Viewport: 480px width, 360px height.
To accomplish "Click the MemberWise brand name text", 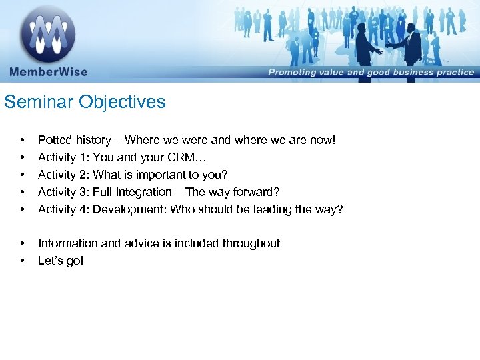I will coord(48,72).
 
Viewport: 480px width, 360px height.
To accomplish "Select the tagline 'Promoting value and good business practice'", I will coord(371,73).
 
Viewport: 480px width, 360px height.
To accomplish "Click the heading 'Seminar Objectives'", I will coord(85,102).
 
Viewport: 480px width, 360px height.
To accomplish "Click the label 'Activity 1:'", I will coord(64,157).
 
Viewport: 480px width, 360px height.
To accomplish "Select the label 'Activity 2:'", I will coord(64,175).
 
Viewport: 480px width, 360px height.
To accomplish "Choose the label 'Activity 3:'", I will coord(64,192).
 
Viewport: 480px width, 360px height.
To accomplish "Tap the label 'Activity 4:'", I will coord(64,209).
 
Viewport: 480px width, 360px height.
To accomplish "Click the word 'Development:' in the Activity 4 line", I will coord(130,209).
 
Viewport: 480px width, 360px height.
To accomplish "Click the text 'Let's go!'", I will coord(61,261).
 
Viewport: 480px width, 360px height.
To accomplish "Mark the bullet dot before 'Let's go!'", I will coord(23,261).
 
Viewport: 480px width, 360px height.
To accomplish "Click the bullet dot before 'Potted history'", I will coord(23,140).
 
